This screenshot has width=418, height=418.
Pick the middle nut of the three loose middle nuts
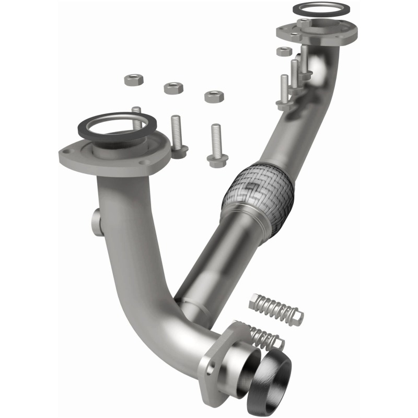(x=173, y=87)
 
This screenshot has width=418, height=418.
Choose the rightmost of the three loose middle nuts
(x=214, y=96)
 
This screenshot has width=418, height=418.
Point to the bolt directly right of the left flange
(x=177, y=136)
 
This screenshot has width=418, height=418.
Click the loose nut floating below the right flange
(x=284, y=51)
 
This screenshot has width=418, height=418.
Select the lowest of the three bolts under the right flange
(x=284, y=92)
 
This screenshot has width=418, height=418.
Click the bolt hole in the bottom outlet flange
(x=211, y=369)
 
